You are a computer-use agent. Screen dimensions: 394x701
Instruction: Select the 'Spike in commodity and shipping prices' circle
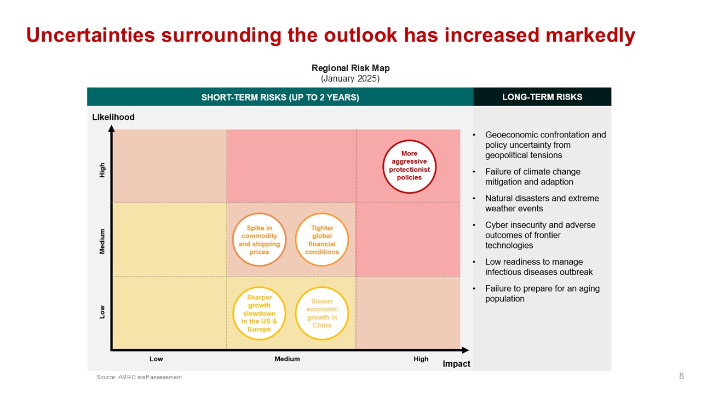[259, 240]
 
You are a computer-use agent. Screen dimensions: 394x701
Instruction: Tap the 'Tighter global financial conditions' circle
[322, 240]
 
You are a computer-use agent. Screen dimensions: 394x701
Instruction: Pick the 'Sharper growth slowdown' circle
[259, 314]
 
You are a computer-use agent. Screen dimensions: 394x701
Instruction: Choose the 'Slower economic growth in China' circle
[322, 314]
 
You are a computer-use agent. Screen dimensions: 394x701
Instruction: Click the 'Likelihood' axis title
[113, 117]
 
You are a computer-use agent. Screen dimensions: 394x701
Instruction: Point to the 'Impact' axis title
[456, 364]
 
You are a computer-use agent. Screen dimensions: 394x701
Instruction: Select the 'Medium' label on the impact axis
[287, 359]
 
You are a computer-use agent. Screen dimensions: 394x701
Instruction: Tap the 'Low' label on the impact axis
[156, 359]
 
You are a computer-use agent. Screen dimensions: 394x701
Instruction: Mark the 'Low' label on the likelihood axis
[102, 312]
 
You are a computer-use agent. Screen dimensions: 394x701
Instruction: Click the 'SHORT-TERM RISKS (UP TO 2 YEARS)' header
[280, 97]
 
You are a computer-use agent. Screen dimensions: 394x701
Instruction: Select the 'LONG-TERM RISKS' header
[542, 97]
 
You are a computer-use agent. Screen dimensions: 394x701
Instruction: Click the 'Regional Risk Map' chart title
[350, 68]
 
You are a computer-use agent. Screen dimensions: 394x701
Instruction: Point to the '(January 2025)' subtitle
[350, 78]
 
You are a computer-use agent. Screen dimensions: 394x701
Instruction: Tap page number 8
[681, 376]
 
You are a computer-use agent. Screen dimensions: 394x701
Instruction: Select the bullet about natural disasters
[542, 203]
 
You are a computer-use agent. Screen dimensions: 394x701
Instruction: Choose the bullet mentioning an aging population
[542, 293]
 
